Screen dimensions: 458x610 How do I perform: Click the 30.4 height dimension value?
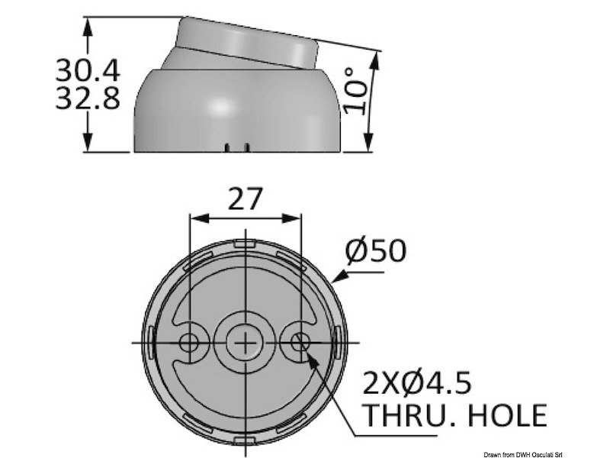coord(88,70)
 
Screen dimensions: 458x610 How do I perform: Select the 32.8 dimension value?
coord(88,99)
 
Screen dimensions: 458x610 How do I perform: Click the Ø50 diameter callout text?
coord(375,250)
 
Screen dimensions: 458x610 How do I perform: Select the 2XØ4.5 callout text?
coord(422,379)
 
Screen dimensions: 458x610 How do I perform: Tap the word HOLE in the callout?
coord(509,415)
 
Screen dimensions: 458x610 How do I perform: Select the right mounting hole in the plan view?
coord(300,341)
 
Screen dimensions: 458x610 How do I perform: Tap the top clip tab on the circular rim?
coord(245,244)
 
